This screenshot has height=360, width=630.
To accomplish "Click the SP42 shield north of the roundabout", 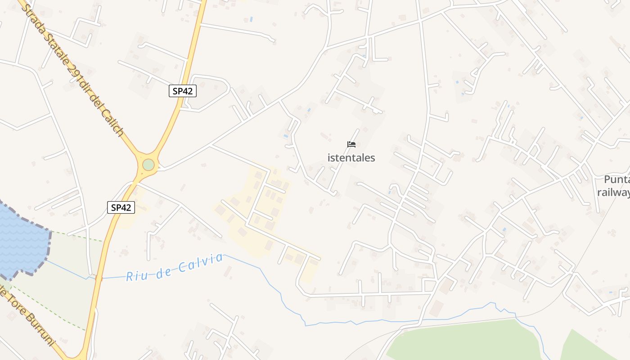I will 183,91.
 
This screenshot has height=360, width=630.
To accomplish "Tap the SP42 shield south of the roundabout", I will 121,207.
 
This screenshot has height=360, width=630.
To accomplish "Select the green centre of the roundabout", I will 148,165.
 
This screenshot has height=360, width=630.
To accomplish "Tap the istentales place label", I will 351,158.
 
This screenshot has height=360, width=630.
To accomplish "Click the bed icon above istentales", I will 351,144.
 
